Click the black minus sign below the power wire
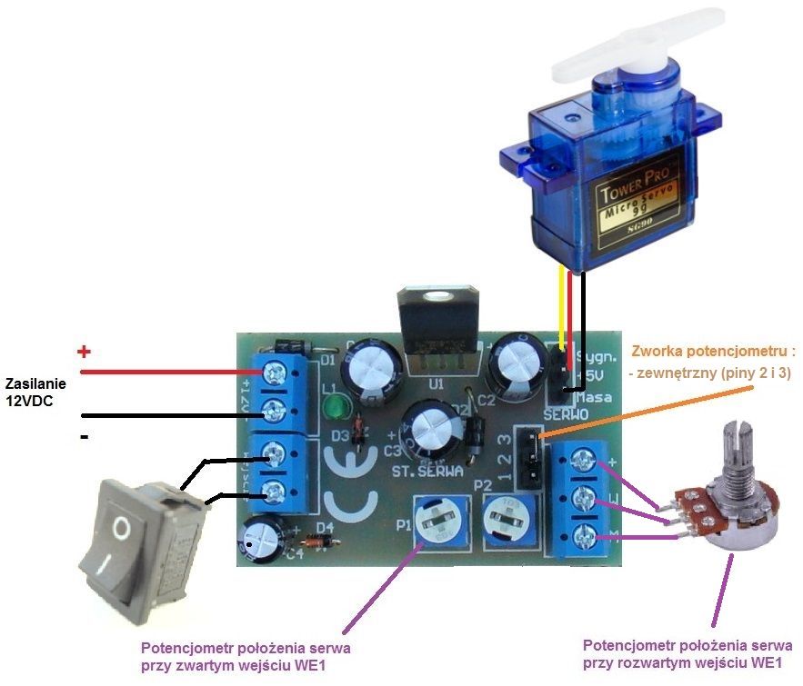[x=85, y=438]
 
